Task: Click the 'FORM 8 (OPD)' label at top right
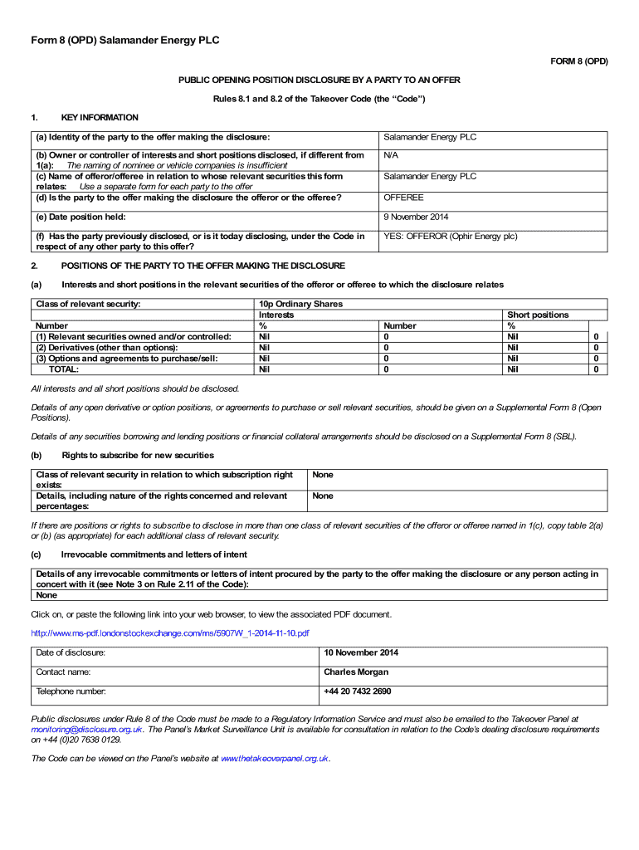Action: [579, 61]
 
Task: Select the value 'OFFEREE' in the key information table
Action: [403, 198]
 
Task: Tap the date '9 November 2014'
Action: [416, 217]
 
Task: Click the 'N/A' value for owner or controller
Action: [391, 155]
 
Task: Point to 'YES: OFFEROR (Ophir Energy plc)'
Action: [450, 237]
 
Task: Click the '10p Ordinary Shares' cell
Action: [300, 304]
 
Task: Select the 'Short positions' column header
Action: [538, 315]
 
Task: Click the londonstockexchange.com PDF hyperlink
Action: [170, 633]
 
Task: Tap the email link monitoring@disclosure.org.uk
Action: [86, 729]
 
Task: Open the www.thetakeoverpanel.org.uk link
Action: [275, 759]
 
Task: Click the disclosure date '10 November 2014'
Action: [361, 652]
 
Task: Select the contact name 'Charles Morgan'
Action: [356, 672]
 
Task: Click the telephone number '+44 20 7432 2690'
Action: [358, 691]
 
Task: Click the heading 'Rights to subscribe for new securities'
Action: [138, 455]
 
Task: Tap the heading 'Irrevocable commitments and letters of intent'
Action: [154, 554]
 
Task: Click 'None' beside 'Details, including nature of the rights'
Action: [323, 496]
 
